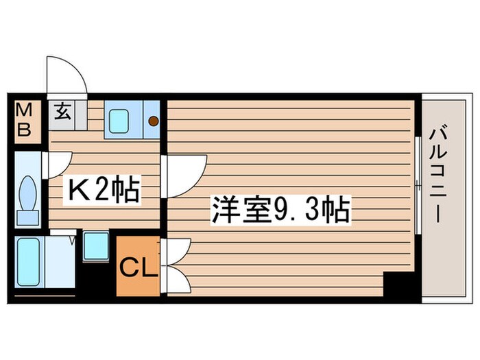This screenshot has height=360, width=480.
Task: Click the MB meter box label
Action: pyautogui.click(x=24, y=121)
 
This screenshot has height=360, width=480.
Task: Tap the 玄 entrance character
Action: pyautogui.click(x=62, y=112)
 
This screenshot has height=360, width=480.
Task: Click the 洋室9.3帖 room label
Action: pyautogui.click(x=281, y=209)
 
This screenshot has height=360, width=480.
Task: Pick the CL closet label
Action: pyautogui.click(x=139, y=267)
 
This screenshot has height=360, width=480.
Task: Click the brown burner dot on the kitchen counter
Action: pyautogui.click(x=154, y=121)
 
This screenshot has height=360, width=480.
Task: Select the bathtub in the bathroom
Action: pyautogui.click(x=29, y=262)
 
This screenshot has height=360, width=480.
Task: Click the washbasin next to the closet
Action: pyautogui.click(x=95, y=245)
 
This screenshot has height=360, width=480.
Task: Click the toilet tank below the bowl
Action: pyautogui.click(x=28, y=217)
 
